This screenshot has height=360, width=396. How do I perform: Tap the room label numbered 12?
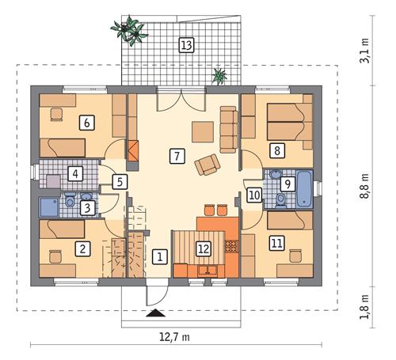coord(204,248)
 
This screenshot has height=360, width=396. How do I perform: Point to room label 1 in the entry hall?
coord(159,256)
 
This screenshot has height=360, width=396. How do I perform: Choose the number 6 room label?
coord(85,123)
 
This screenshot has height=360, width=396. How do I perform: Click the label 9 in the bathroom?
coord(287,184)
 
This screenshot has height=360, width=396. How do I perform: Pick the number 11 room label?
coord(276,243)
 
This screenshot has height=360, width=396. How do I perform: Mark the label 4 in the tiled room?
coord(75,172)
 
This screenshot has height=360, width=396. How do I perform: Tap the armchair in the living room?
coord(208,165)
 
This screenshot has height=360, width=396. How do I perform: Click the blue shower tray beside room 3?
coord(48,207)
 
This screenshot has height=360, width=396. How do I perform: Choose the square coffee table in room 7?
coord(201,131)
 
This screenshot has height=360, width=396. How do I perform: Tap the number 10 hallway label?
coord(253,195)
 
